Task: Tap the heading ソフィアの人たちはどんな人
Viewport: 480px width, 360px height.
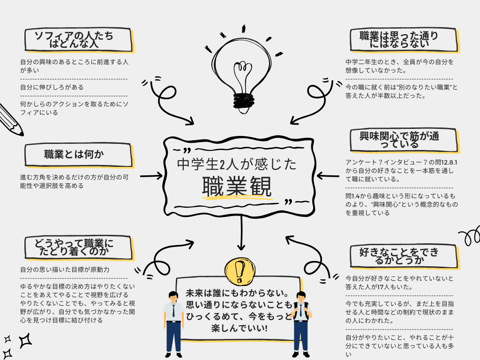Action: [x=78, y=40]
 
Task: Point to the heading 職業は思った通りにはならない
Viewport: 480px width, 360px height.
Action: [x=402, y=40]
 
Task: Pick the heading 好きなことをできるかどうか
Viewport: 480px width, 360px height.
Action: [x=402, y=256]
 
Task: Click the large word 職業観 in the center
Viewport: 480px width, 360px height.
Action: [x=237, y=187]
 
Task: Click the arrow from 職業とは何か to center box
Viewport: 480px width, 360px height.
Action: [x=151, y=177]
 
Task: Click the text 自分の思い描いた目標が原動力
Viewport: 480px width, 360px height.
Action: [x=65, y=270]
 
